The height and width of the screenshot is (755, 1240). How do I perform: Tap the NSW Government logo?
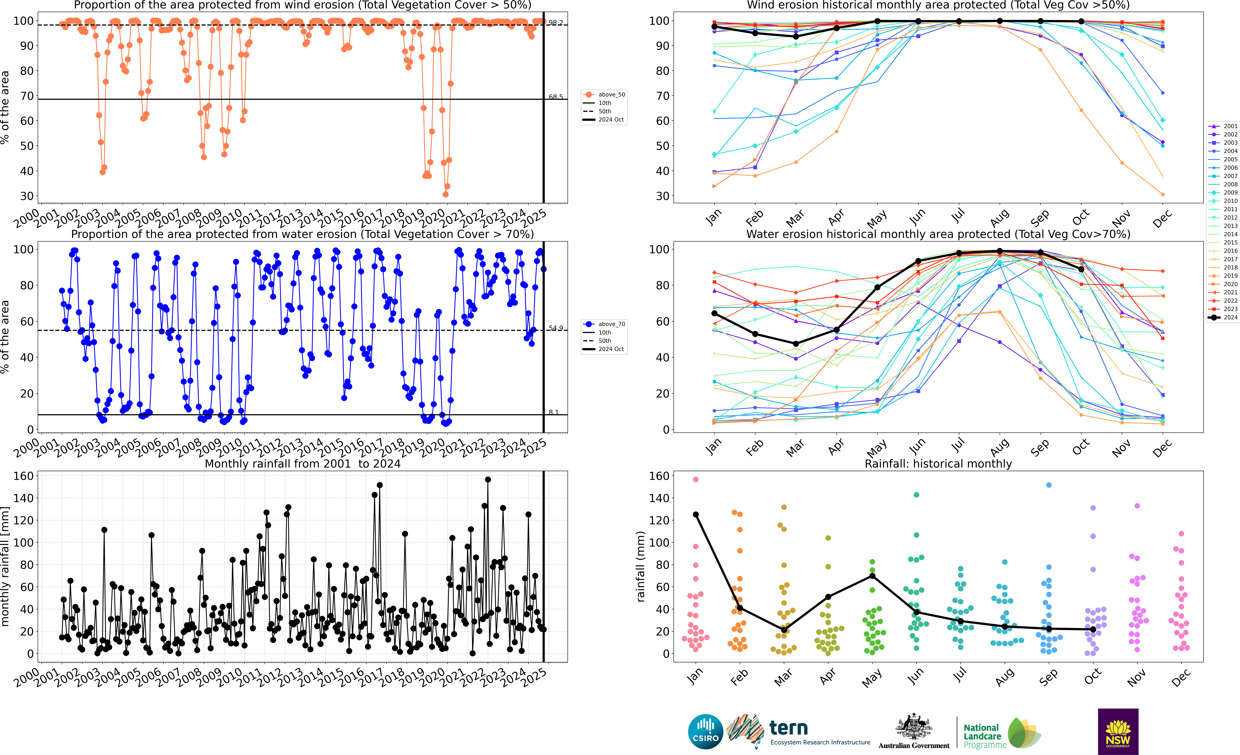(x=1118, y=731)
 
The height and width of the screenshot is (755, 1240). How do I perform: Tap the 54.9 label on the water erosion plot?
(x=556, y=328)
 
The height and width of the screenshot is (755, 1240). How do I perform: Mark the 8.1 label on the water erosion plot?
(x=554, y=412)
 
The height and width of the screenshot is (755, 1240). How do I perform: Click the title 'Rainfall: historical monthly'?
(x=938, y=464)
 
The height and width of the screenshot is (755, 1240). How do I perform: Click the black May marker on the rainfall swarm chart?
(x=872, y=576)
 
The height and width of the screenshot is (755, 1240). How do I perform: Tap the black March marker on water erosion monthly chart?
(x=796, y=344)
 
